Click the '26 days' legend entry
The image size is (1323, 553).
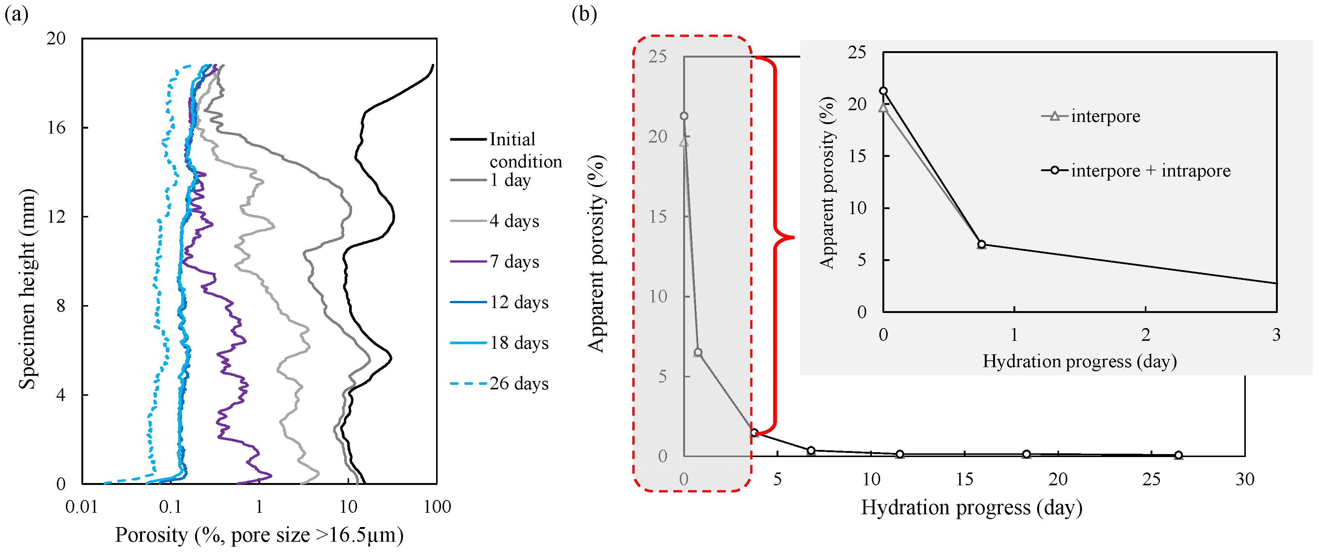[x=519, y=384]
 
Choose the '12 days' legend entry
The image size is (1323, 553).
[x=519, y=302]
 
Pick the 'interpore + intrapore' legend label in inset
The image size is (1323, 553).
[x=1151, y=170]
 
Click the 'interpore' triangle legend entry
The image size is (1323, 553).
[x=1105, y=117]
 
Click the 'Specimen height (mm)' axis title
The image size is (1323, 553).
[x=27, y=289]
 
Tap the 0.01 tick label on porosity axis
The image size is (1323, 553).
[x=81, y=507]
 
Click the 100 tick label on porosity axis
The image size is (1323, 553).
[x=437, y=507]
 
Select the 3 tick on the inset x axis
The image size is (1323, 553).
[x=1276, y=335]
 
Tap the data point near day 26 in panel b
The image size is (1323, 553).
[x=1179, y=455]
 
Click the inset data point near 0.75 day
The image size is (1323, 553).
[x=981, y=244]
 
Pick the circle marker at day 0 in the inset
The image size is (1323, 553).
[x=884, y=91]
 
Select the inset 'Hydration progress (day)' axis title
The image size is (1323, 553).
[x=1080, y=361]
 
